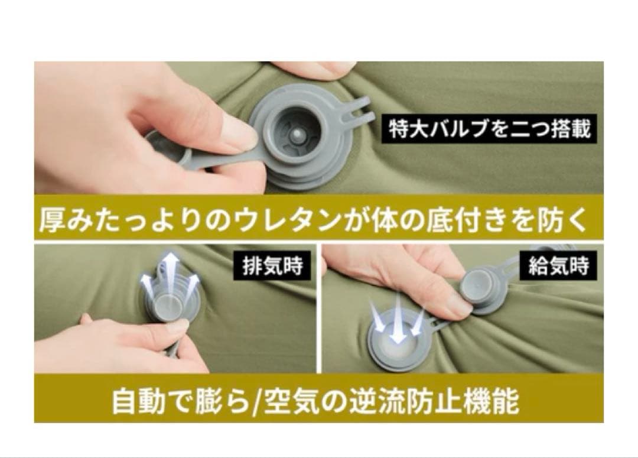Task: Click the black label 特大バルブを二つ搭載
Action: (x=489, y=129)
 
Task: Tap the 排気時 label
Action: (x=272, y=266)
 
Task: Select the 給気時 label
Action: (x=558, y=266)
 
